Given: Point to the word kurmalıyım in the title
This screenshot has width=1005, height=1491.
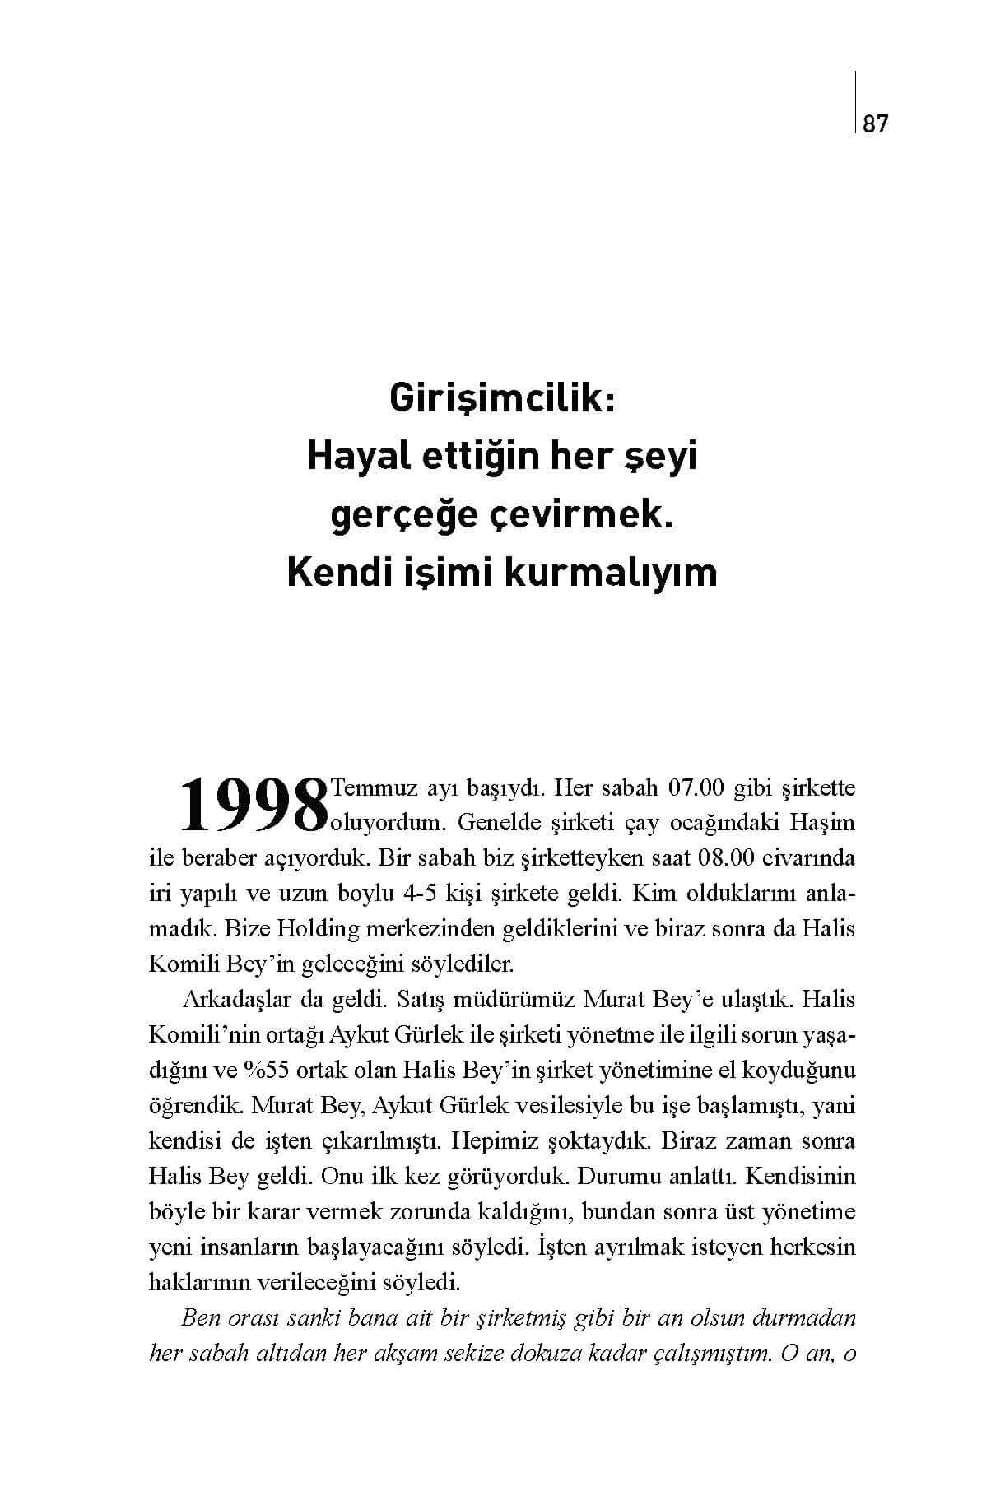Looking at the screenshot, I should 610,573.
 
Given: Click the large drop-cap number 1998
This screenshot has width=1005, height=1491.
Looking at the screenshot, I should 250,803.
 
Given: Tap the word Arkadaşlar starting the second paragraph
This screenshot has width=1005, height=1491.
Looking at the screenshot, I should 230,1000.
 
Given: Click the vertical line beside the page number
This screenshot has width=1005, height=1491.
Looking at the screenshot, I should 856,102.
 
